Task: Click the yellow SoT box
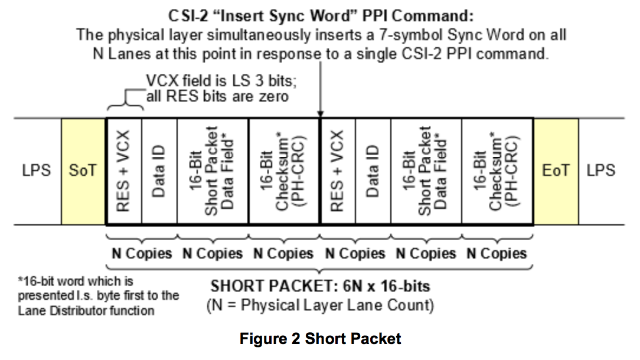[83, 171]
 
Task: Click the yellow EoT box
[556, 171]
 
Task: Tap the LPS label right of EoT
[600, 171]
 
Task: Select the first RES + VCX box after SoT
[124, 171]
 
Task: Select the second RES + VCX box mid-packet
[337, 171]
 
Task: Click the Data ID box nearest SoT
[159, 171]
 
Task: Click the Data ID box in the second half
[373, 171]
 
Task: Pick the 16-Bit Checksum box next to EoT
[497, 171]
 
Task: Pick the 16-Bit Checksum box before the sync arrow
[283, 171]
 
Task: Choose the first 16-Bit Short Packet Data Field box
[213, 171]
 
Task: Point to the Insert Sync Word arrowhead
[319, 114]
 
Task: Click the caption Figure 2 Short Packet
[320, 339]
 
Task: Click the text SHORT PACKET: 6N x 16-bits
[320, 287]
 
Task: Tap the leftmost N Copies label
[142, 254]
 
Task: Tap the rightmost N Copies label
[497, 254]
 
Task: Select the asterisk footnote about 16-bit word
[98, 296]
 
